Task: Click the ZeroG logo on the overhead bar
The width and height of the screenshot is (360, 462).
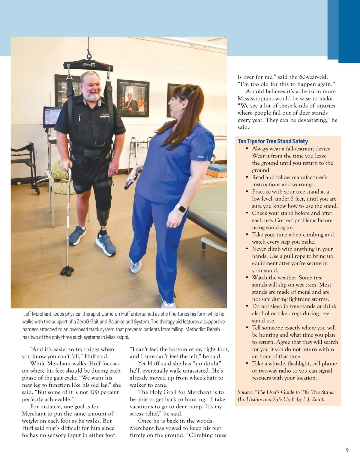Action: [89, 64]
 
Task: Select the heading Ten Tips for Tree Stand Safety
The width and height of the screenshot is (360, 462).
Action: [273, 141]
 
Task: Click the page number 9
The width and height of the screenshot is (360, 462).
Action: [347, 450]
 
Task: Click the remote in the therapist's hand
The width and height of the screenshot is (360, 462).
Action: [131, 181]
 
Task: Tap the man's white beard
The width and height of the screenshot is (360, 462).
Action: [91, 96]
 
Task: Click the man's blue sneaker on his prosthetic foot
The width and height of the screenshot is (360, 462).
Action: [106, 244]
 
